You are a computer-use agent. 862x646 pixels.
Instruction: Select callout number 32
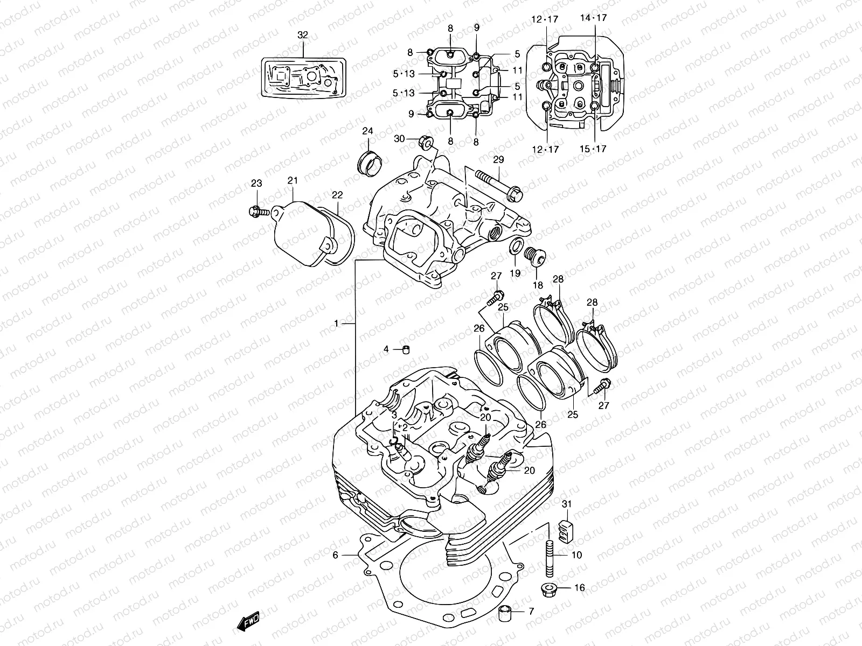[x=303, y=35]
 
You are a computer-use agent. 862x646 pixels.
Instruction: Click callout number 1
[x=336, y=324]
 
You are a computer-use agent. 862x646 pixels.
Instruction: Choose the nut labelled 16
[x=550, y=589]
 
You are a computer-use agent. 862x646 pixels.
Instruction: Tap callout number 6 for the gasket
[x=335, y=554]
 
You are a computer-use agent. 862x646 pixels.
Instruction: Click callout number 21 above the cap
[x=293, y=180]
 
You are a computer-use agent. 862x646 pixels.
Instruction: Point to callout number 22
[x=337, y=195]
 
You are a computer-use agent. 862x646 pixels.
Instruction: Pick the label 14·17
[x=594, y=18]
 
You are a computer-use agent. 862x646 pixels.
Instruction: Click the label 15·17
[x=594, y=149]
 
